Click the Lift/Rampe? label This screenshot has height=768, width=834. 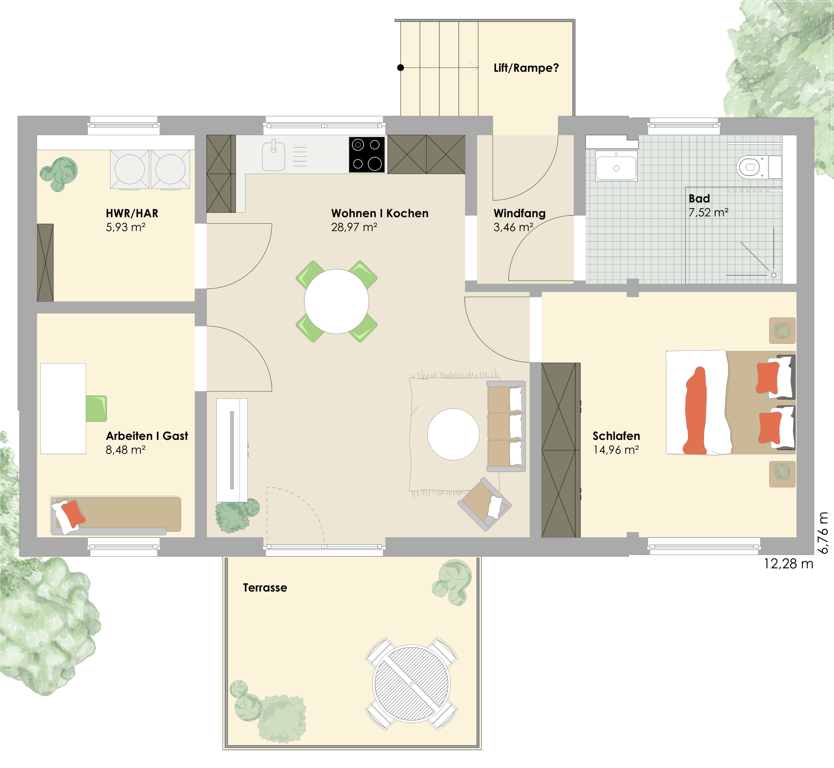point(526,68)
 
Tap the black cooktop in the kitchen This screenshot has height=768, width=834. point(367,154)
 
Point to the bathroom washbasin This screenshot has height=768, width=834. point(616,165)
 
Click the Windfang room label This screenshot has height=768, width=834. point(519,213)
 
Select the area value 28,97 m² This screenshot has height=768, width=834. point(354,227)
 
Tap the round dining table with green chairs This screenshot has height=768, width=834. point(336,301)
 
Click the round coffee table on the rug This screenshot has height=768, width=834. point(453,434)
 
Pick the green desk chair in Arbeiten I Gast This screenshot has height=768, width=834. point(96,408)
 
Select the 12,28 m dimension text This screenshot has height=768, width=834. point(788,564)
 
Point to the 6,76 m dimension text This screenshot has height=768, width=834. point(823,533)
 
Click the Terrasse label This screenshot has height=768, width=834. point(265,588)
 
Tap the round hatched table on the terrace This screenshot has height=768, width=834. point(411,684)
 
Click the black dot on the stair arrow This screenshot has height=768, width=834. point(400,68)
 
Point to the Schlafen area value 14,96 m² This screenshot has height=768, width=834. point(616,450)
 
